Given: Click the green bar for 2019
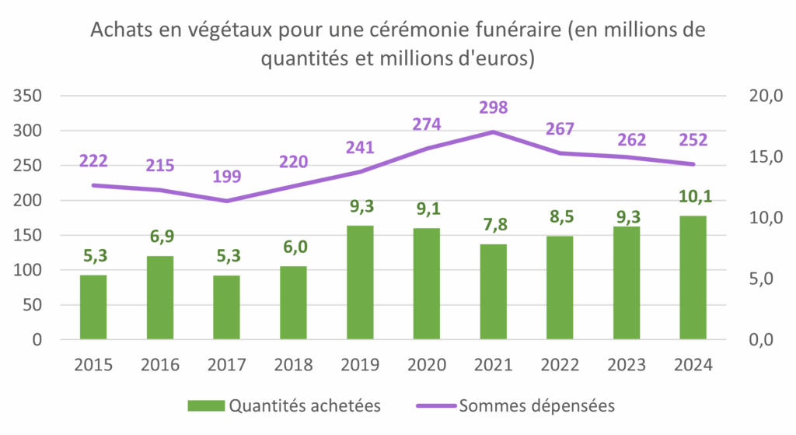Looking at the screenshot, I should click(360, 282).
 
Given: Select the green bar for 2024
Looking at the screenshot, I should click(693, 278).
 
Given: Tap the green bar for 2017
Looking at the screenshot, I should click(226, 307).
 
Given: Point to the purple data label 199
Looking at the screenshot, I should click(226, 176).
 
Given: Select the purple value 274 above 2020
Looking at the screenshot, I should click(427, 124).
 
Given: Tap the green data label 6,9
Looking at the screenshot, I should click(160, 234).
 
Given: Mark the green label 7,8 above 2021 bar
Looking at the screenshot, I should click(493, 225).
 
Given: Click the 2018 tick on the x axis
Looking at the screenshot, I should click(293, 365).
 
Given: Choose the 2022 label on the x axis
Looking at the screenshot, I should click(560, 365).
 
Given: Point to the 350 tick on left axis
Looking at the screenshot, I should click(28, 96).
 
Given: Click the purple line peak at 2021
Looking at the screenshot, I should click(493, 132).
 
